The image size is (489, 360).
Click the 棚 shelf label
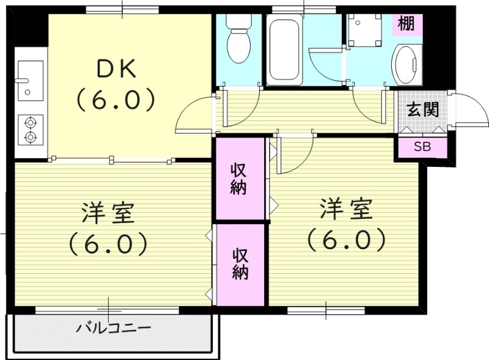tap(406, 24)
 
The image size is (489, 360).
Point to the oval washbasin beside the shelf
tap(408, 64)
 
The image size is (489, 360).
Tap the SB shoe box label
tap(421, 147)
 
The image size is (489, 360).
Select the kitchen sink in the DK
tap(28, 79)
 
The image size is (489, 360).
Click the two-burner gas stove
tap(29, 130)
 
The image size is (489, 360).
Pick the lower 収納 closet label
tap(240, 263)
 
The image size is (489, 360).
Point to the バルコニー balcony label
tap(114, 329)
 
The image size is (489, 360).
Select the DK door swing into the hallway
tap(194, 116)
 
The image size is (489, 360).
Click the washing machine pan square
tap(364, 29)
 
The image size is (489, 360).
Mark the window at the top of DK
tap(122, 9)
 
